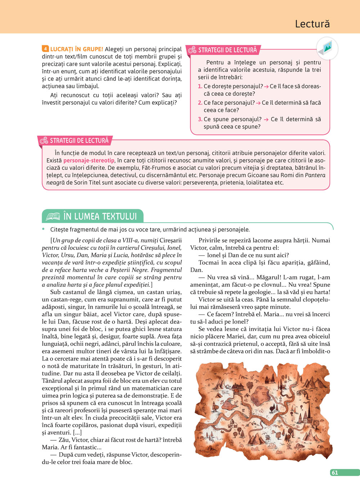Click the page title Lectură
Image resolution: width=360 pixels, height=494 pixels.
312,24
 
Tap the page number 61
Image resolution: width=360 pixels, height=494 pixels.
335,473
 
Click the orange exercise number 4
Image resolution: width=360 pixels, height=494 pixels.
45,49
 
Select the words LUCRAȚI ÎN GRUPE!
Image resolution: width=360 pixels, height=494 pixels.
77,49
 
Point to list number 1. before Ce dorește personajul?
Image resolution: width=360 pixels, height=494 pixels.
200,86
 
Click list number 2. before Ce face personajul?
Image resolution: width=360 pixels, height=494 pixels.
200,103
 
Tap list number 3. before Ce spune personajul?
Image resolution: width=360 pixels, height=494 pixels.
200,119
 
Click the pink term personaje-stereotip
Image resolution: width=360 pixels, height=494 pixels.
89,160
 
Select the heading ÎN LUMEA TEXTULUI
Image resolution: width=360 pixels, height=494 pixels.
100,216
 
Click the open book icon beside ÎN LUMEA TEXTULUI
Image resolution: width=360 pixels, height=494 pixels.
53,216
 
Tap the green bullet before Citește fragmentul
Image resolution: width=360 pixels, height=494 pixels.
44,229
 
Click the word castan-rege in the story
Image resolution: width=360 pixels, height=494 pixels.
71,300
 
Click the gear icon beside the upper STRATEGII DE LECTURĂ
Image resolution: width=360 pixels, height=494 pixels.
192,50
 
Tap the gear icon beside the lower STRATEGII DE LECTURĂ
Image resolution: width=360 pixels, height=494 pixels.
44,141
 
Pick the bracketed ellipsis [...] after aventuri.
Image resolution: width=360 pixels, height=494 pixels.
77,432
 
